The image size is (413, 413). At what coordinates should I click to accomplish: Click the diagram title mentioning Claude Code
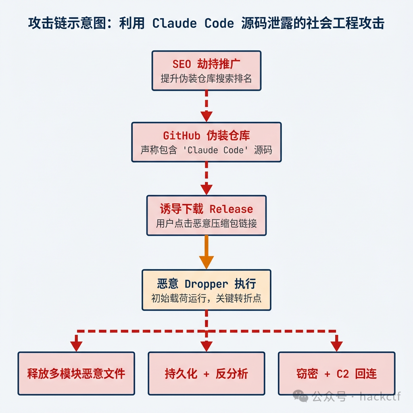coord(206,23)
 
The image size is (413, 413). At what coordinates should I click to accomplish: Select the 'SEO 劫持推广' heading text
coord(206,64)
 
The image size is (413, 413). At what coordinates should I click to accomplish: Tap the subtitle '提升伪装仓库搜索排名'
coord(206,78)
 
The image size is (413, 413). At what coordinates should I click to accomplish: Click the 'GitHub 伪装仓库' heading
coord(206,136)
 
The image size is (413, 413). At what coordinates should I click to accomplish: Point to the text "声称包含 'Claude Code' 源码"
coord(206,150)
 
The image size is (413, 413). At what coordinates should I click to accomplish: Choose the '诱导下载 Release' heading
coord(206,209)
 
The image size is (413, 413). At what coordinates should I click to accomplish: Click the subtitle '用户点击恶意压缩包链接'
coord(206,223)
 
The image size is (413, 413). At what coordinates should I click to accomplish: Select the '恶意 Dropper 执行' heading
coord(206,284)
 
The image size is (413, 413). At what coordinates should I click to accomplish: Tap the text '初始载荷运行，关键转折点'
coord(206,298)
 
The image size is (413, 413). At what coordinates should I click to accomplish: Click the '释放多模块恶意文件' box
coord(76,373)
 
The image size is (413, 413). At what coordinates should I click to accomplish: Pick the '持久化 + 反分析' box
coord(206,373)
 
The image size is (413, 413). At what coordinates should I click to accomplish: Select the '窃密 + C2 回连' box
coord(336,373)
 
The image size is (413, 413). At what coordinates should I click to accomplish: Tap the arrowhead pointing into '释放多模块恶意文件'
coord(76,346)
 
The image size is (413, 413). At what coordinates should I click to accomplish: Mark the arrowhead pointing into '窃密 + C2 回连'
coord(336,346)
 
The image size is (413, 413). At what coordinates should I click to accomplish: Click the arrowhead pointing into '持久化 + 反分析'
coord(206,346)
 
